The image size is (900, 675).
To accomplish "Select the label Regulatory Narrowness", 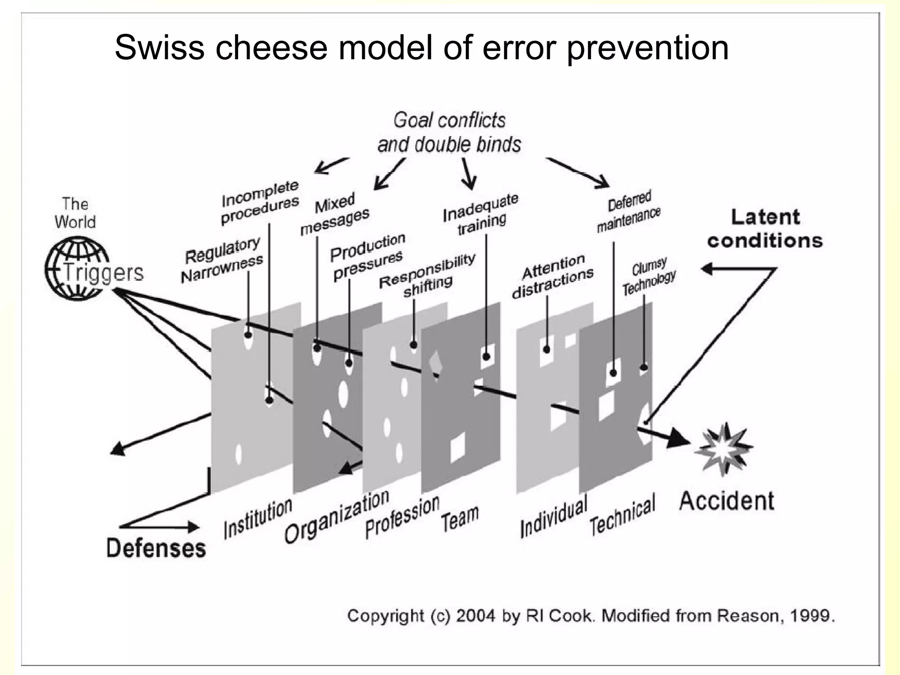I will point(222,261).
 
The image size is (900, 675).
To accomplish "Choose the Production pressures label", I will point(367,256).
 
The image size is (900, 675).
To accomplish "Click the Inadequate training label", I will point(481,214).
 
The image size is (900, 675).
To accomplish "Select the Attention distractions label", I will point(553,276).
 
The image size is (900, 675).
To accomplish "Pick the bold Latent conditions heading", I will point(765,229).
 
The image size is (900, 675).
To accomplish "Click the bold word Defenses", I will point(156,548).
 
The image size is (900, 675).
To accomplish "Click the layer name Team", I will point(460,519).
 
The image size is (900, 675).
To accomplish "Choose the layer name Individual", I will point(554,516).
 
